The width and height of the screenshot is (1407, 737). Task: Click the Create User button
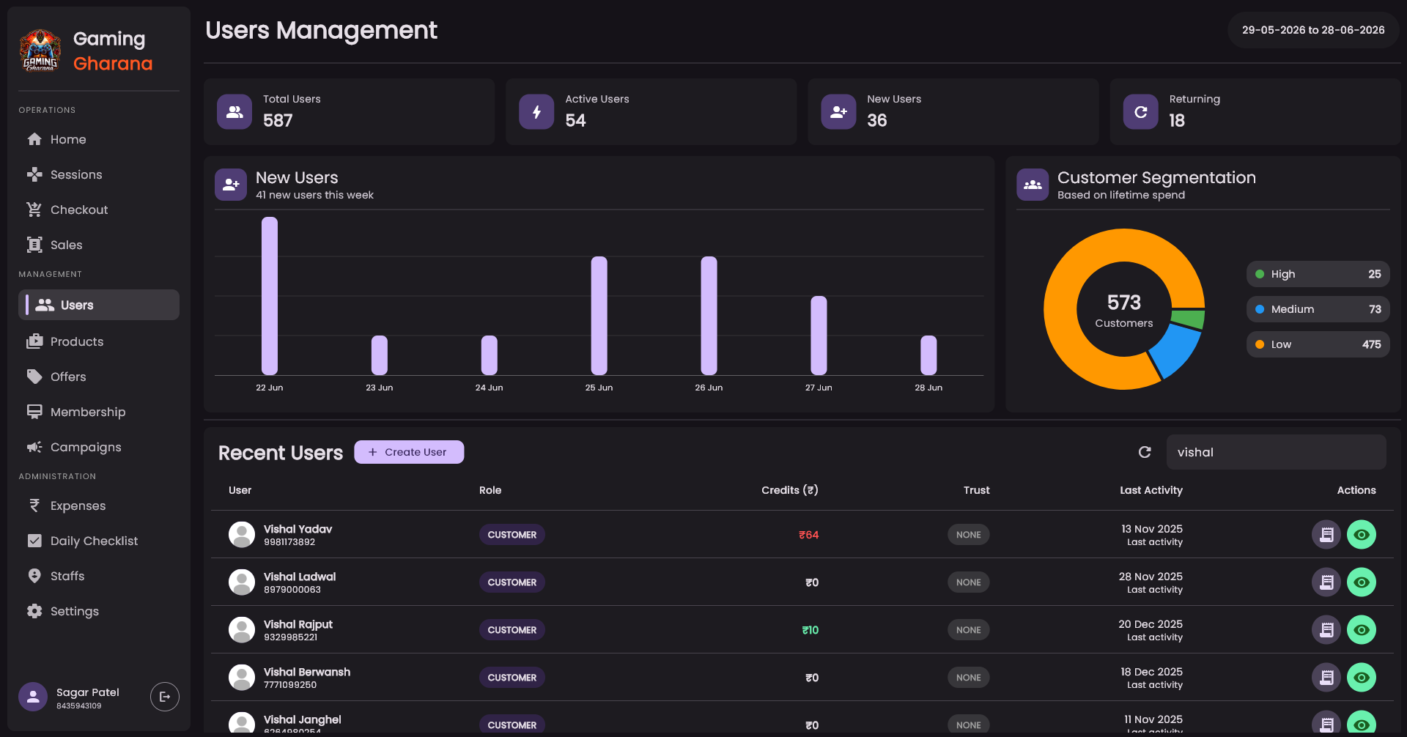click(x=409, y=452)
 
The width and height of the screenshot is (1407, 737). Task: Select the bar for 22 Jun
click(x=270, y=296)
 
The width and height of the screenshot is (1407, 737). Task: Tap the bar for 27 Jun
click(x=819, y=336)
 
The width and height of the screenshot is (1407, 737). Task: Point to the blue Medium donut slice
click(x=1175, y=350)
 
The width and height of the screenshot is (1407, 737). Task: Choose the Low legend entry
click(x=1318, y=344)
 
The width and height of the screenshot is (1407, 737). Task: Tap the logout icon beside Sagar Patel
click(x=165, y=697)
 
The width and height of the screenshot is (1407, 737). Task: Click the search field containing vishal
click(x=1276, y=452)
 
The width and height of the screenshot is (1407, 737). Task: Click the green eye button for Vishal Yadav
click(x=1362, y=535)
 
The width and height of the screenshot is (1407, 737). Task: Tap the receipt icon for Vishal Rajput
click(x=1326, y=630)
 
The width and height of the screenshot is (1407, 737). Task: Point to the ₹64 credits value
click(x=808, y=535)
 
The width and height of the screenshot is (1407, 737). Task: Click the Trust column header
click(x=976, y=490)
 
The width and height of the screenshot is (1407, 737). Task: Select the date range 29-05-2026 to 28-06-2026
click(x=1313, y=30)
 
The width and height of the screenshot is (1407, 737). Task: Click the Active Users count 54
click(x=575, y=120)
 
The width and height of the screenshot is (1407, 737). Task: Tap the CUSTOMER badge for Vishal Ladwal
click(x=512, y=582)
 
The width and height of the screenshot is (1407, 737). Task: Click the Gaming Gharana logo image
click(x=40, y=51)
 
